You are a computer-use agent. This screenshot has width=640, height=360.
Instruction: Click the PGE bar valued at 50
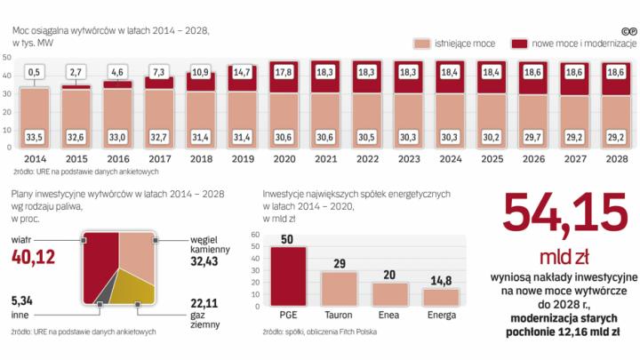[x=288, y=276]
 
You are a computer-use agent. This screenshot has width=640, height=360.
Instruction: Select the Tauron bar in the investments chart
[x=338, y=289]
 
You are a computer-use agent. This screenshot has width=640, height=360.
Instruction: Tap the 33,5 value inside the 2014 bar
[x=35, y=136]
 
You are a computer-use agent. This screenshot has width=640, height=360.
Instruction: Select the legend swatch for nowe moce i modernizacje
[x=517, y=43]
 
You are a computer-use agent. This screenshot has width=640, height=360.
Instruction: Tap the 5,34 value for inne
[x=22, y=300]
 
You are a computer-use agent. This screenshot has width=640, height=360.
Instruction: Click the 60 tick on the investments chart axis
[x=255, y=235]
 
